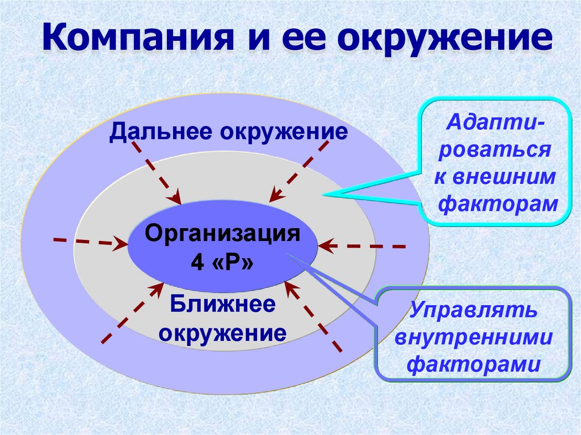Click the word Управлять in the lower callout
473,311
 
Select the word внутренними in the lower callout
474,337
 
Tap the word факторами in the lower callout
473,364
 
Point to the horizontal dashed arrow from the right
363,247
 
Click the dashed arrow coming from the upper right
299,171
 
